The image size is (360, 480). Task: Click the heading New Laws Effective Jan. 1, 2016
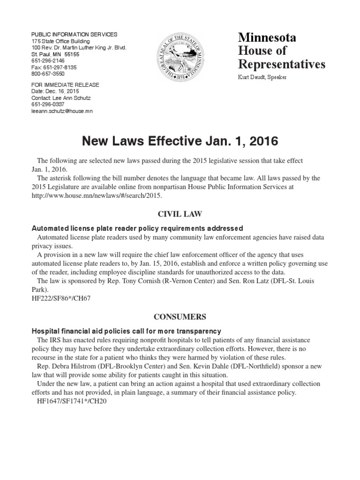180,140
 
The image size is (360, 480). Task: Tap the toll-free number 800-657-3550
48,74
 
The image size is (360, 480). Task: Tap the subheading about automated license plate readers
137,228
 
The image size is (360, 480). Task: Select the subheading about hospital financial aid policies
126,331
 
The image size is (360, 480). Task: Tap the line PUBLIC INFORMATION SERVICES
74,35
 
